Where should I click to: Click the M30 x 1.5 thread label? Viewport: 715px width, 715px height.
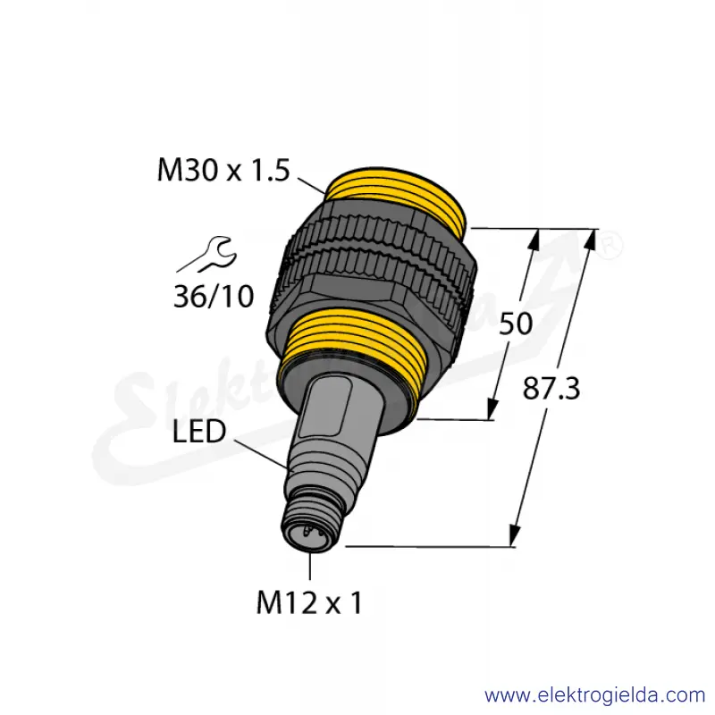click(x=223, y=170)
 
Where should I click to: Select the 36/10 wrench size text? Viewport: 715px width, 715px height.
click(x=214, y=297)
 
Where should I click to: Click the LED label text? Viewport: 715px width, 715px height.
click(x=198, y=432)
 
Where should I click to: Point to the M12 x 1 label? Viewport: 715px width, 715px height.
click(x=309, y=602)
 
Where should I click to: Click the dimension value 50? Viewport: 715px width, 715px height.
click(x=516, y=324)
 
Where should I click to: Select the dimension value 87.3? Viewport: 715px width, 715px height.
click(x=551, y=389)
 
